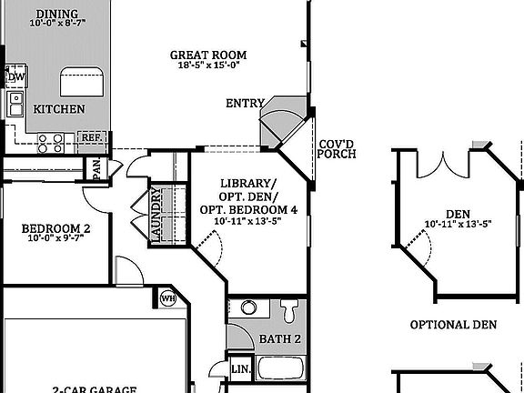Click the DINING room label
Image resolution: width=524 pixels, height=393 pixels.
pos(57,15)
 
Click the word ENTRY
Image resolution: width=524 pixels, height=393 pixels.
pos(245,104)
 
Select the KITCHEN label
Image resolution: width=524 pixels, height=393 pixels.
pos(59,109)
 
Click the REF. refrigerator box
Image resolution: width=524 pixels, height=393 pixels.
pos(93,139)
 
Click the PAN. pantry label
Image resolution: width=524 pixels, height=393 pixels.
pos(94,168)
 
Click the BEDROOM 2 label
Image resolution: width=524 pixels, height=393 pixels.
pos(55,229)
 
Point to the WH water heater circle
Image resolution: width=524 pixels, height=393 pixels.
pos(167,298)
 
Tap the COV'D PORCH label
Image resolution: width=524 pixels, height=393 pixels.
pos(337,149)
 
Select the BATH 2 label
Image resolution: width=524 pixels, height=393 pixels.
pos(280,339)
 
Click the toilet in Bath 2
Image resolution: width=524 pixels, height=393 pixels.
pos(289,311)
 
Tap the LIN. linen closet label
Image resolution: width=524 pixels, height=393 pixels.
pos(241,368)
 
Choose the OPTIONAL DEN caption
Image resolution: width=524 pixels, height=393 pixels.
pos(453,325)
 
